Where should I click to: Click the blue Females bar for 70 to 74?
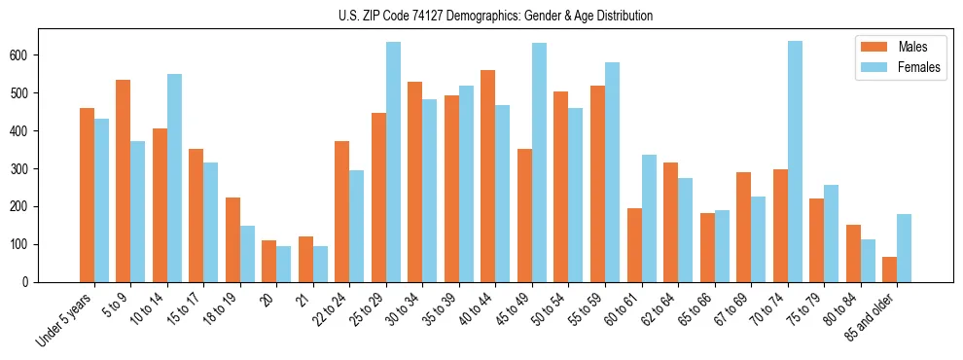point(795,162)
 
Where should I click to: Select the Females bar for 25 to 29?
point(393,162)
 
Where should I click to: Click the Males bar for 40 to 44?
point(488,176)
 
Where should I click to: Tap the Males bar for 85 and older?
point(889,270)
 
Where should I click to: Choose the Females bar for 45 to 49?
point(539,162)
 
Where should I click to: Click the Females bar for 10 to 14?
point(174,178)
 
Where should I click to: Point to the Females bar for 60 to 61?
point(649,218)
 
